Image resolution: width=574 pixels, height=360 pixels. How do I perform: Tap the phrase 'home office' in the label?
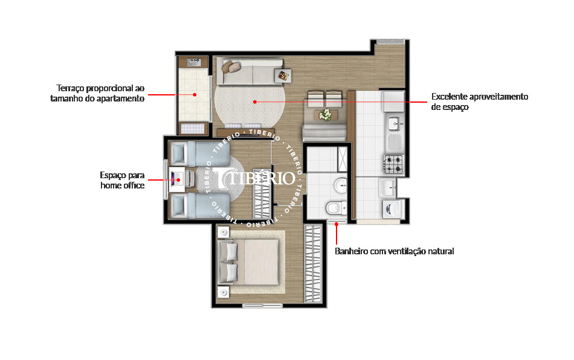[123, 186]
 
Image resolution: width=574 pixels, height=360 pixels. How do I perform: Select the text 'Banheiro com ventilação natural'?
[394, 251]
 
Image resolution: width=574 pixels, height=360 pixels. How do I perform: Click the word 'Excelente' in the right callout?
[450, 97]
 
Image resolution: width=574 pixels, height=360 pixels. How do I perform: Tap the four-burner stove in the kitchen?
[394, 164]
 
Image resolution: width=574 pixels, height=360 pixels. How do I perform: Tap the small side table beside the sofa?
[282, 75]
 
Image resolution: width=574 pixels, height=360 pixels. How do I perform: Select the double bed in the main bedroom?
[250, 262]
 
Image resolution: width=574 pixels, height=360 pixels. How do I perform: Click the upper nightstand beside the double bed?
[224, 232]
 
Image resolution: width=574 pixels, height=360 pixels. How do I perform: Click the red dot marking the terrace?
[195, 95]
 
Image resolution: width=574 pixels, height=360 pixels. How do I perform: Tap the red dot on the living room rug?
[255, 101]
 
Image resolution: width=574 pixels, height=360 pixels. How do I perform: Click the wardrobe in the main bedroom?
[314, 264]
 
